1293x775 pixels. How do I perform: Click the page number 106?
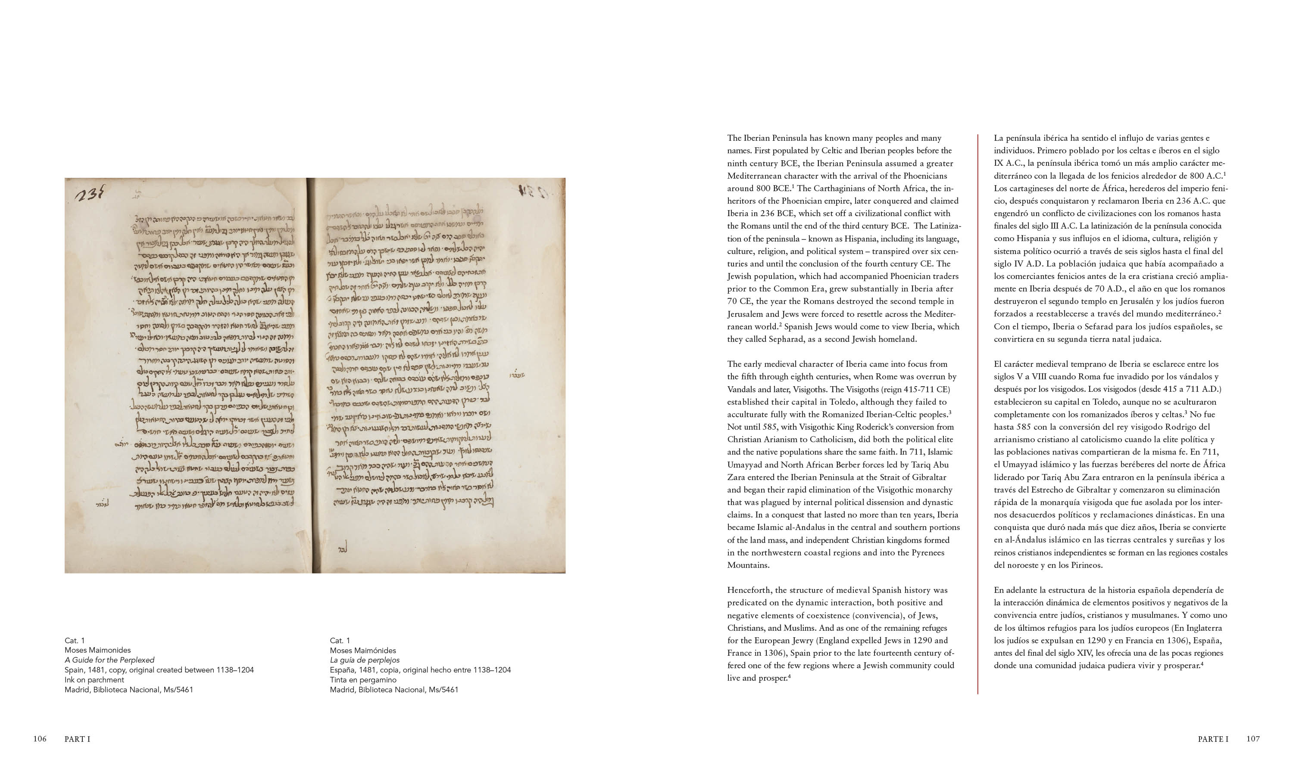pos(40,738)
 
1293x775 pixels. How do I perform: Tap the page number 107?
pos(1253,738)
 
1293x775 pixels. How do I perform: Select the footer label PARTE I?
pos(1213,738)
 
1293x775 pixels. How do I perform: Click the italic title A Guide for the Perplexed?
pos(109,660)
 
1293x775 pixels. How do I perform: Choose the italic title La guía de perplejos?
pos(364,660)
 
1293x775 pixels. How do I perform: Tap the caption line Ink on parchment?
pos(94,679)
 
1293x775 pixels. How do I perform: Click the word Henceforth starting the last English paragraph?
pos(750,590)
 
